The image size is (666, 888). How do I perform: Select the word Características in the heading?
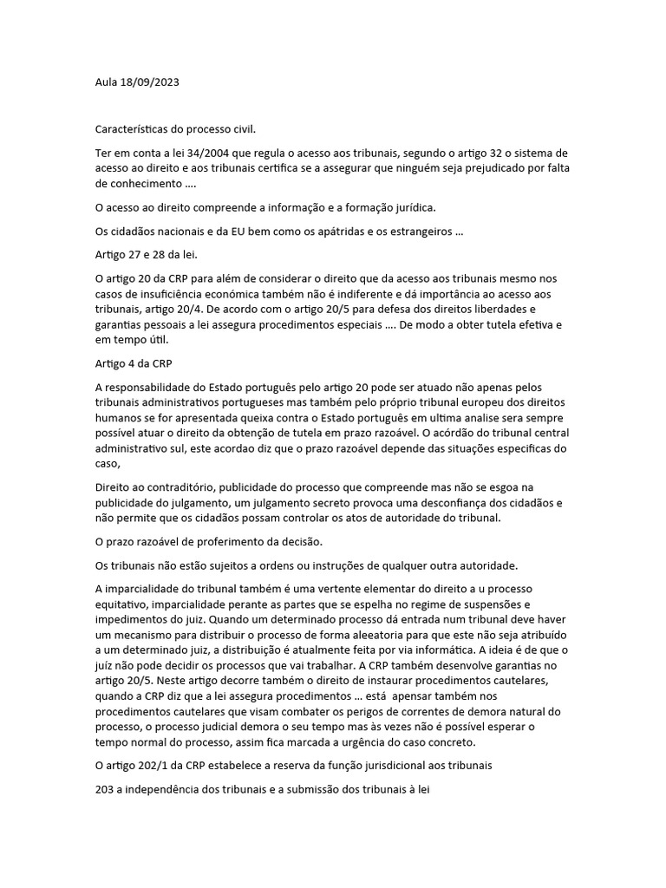click(133, 129)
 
